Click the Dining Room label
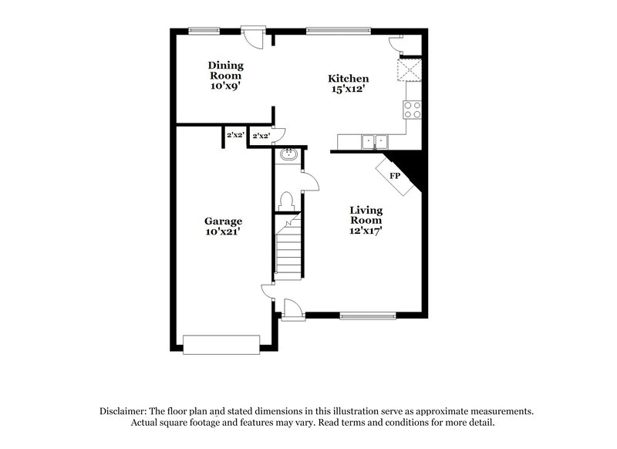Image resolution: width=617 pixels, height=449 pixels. tap(225, 70)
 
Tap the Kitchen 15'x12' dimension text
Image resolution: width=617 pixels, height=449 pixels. tap(347, 89)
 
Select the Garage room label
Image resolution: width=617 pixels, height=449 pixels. tap(223, 221)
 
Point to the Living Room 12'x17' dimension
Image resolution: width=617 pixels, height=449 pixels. tap(366, 229)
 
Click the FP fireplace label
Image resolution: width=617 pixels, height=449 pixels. tap(395, 176)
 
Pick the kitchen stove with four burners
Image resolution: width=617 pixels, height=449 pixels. tap(413, 110)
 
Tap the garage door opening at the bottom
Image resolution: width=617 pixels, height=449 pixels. tap(221, 344)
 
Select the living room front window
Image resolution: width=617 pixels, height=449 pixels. tap(367, 315)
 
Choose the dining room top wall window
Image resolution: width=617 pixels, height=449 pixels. tap(204, 31)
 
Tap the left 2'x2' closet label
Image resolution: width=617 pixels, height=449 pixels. tap(234, 136)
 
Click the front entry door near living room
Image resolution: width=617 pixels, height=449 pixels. tap(292, 309)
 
